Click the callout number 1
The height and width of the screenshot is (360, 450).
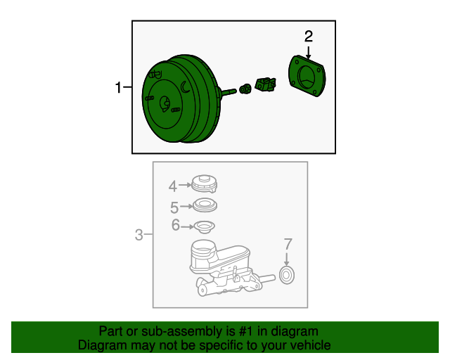click(118, 87)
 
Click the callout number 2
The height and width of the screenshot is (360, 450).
click(309, 37)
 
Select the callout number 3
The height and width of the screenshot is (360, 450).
click(139, 235)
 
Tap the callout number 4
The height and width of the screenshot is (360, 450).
click(172, 186)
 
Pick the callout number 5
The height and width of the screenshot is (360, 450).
click(174, 207)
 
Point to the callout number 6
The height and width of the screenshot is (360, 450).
click(176, 225)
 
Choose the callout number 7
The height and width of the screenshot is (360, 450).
click(288, 244)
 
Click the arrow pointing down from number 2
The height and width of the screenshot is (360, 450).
click(308, 53)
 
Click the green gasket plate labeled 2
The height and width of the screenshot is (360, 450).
click(307, 76)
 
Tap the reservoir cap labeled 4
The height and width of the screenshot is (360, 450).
click(204, 184)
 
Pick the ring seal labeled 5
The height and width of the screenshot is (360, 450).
click(205, 205)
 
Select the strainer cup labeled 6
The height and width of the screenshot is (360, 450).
click(205, 227)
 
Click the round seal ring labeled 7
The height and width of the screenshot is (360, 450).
click(287, 275)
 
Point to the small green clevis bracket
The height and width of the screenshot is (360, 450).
click(266, 84)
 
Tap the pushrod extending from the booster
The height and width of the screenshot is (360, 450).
click(229, 91)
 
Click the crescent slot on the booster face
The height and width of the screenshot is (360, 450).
click(185, 87)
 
